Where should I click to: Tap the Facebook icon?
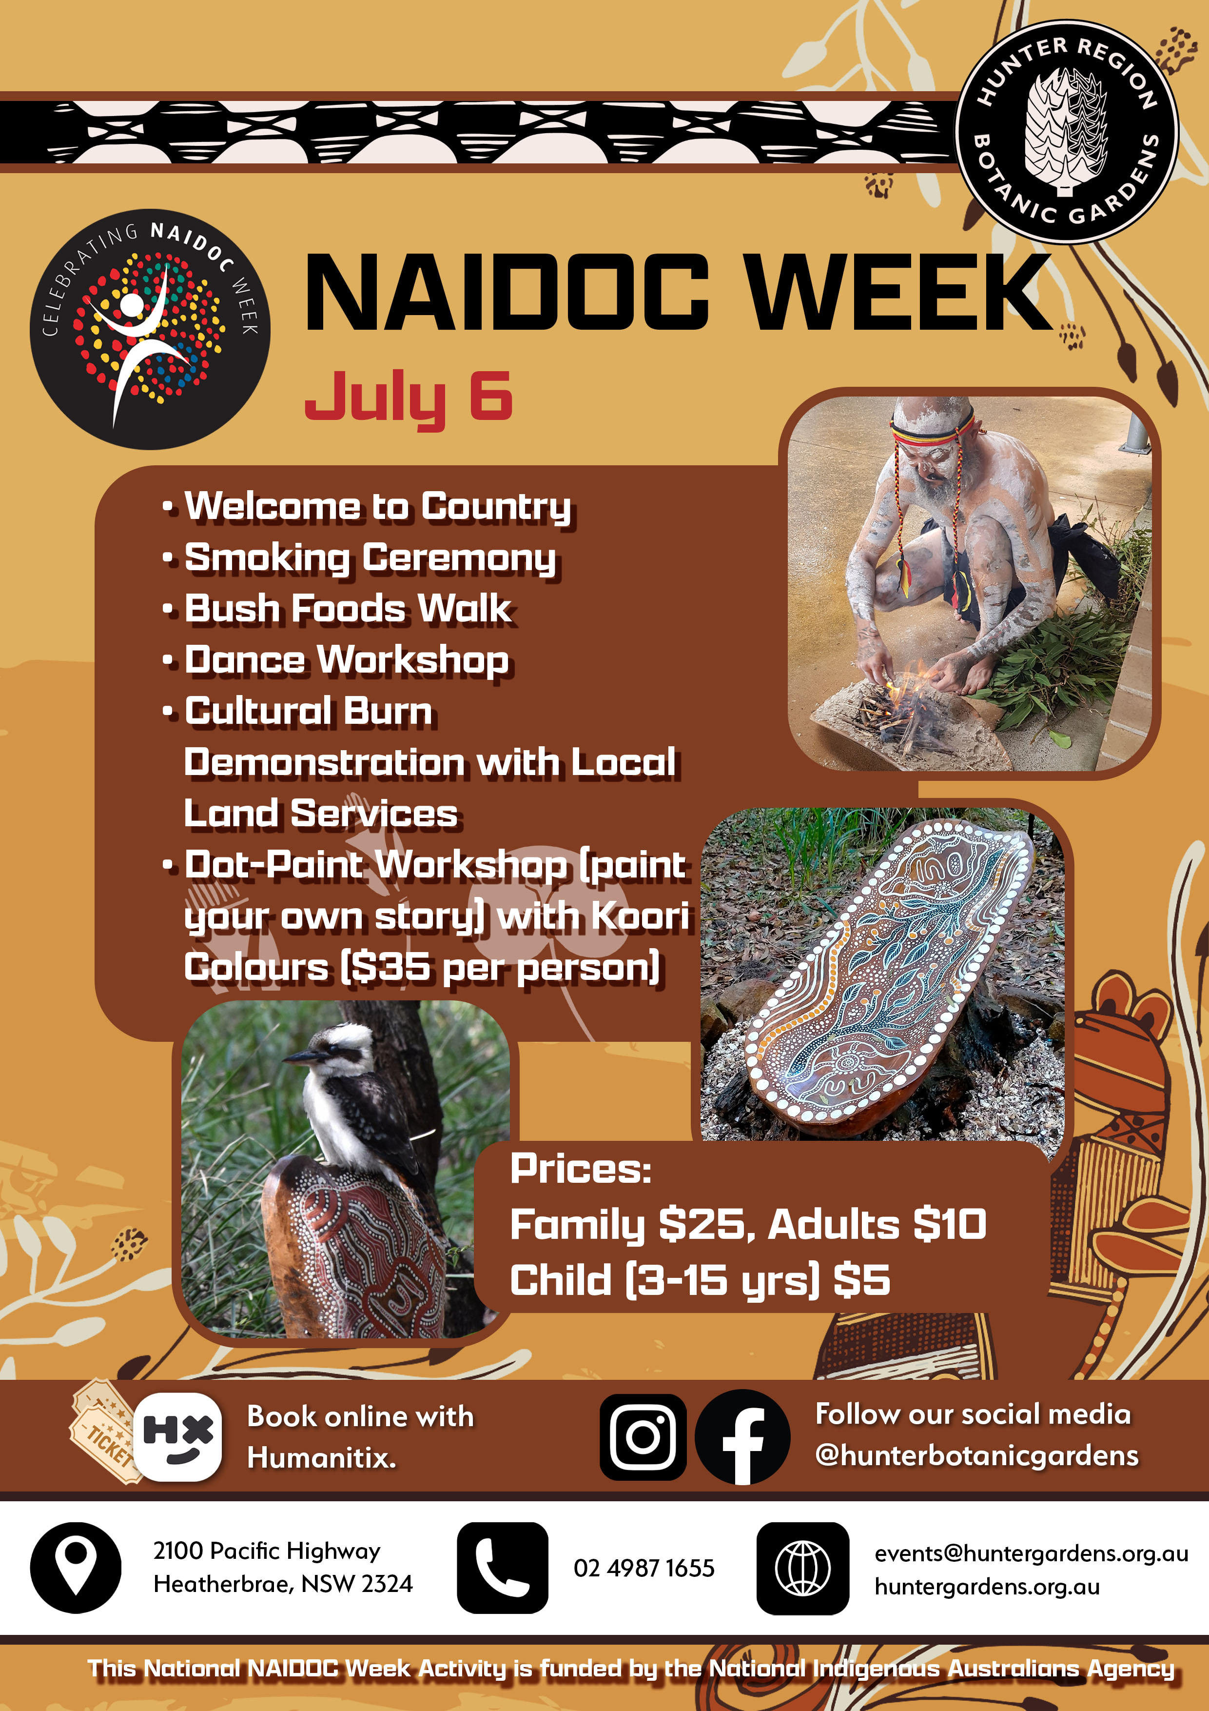[x=742, y=1437]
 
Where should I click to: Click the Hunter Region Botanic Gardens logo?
[x=1066, y=131]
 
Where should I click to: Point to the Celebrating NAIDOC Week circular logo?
[x=150, y=329]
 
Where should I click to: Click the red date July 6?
[x=408, y=397]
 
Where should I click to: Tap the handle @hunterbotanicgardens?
[x=976, y=1455]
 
